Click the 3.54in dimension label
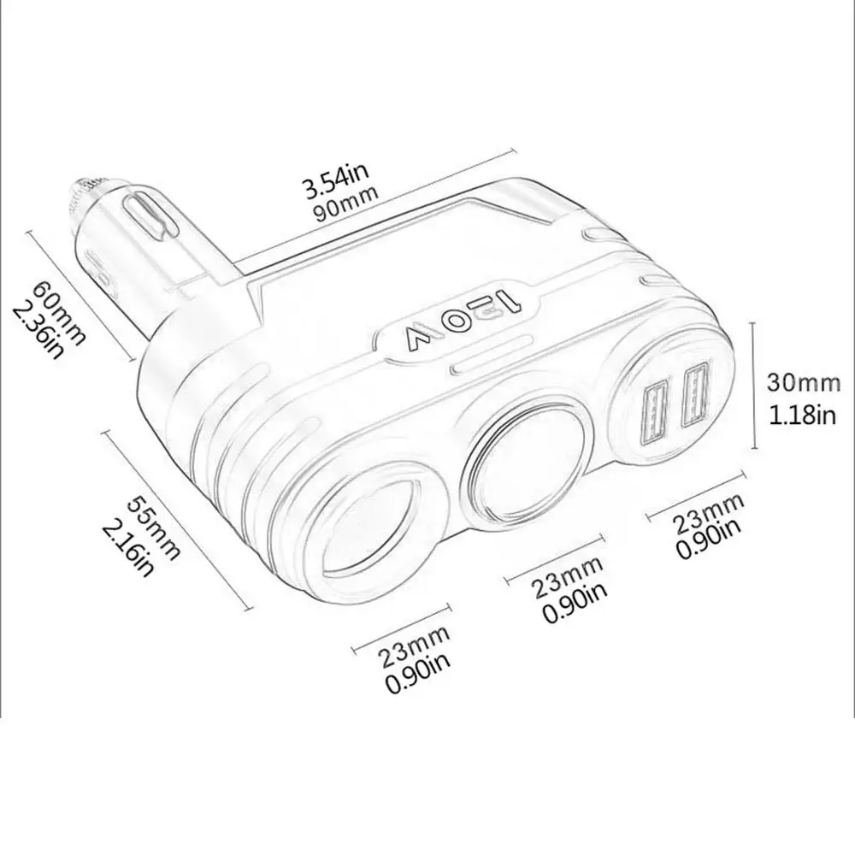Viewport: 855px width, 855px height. [336, 179]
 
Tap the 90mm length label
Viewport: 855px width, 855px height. [346, 203]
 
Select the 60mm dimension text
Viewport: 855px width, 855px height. [60, 312]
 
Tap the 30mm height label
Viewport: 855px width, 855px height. [804, 382]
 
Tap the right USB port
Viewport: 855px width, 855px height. [694, 393]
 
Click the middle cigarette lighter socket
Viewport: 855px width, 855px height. [526, 464]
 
